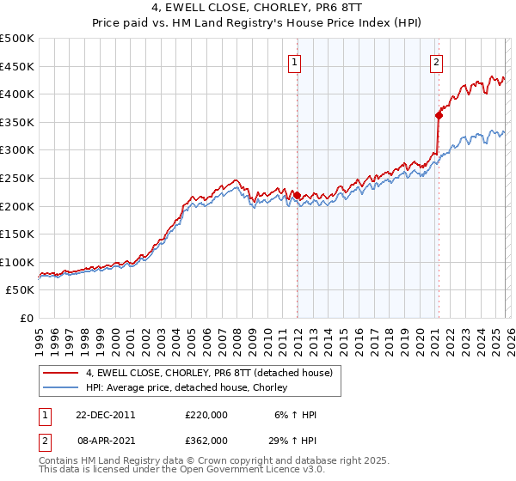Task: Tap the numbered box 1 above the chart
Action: point(295,61)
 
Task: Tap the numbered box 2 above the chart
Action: point(437,61)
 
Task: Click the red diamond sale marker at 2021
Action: point(439,115)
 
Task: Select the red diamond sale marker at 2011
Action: point(298,195)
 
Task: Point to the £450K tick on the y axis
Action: point(17,66)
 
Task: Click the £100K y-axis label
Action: point(17,262)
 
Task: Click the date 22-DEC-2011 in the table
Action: point(106,415)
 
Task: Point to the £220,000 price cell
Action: point(206,415)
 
